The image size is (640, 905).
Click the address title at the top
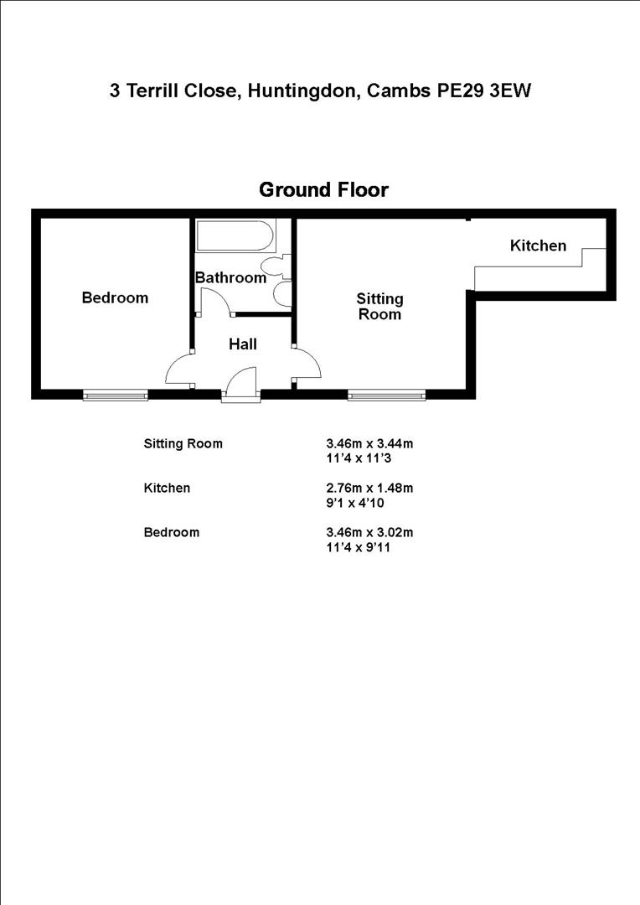click(x=320, y=90)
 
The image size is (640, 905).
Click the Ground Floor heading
click(x=323, y=190)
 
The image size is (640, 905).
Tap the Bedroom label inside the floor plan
click(x=115, y=297)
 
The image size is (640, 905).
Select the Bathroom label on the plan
click(x=230, y=277)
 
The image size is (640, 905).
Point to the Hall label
click(x=243, y=344)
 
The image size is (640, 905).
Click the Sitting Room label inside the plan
click(x=379, y=307)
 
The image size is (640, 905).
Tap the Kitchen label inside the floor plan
click(x=538, y=246)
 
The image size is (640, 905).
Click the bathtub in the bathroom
click(x=235, y=235)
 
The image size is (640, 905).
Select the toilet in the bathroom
click(x=274, y=266)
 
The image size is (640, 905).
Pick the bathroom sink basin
click(x=282, y=294)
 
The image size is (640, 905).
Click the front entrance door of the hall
click(x=240, y=387)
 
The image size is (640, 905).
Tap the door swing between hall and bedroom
click(x=181, y=369)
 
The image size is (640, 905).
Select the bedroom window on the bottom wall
click(x=116, y=395)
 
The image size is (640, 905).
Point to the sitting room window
click(x=387, y=395)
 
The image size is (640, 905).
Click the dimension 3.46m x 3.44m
click(x=369, y=443)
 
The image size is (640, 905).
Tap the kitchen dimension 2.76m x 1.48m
click(x=369, y=488)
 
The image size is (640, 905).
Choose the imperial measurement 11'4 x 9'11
click(x=359, y=547)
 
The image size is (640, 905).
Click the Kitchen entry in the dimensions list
click(x=167, y=488)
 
